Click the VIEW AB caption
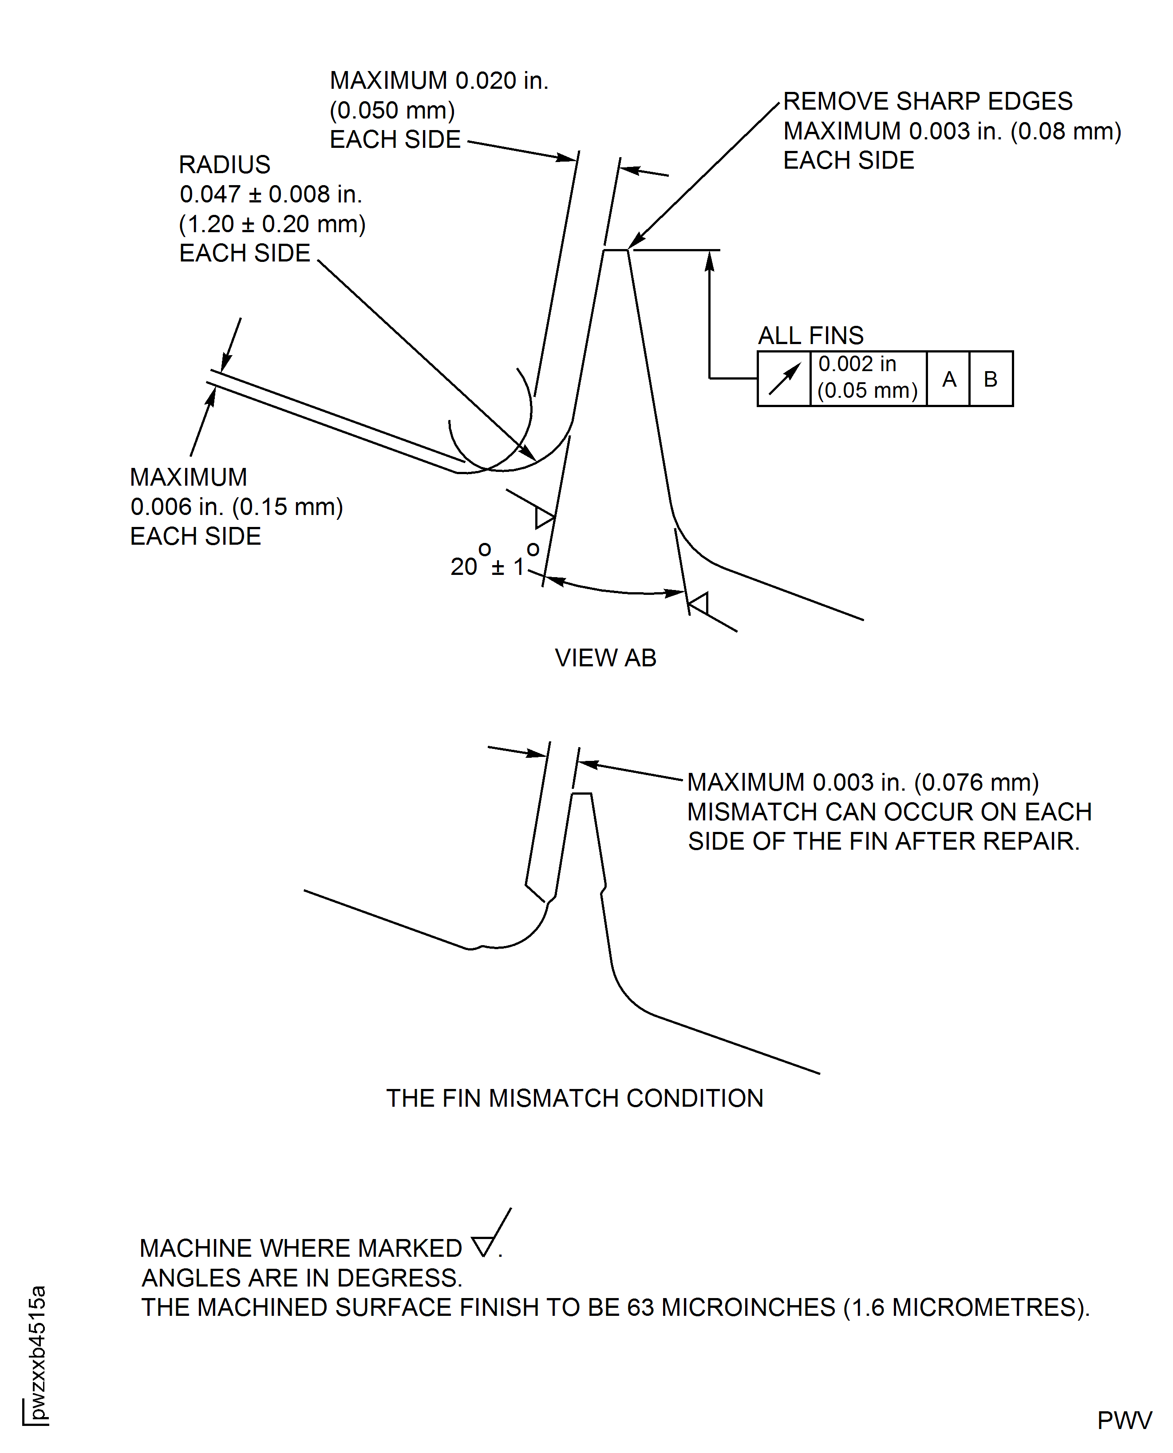605,657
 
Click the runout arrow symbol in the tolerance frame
784,379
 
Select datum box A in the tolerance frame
949,379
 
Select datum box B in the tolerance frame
991,379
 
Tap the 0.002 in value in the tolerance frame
857,364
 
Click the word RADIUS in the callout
224,165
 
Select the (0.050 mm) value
392,110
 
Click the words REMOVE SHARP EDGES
927,101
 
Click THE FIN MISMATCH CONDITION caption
574,1098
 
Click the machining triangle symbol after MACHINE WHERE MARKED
483,1246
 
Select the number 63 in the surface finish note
640,1307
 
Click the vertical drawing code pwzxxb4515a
37,1352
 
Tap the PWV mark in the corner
1124,1421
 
